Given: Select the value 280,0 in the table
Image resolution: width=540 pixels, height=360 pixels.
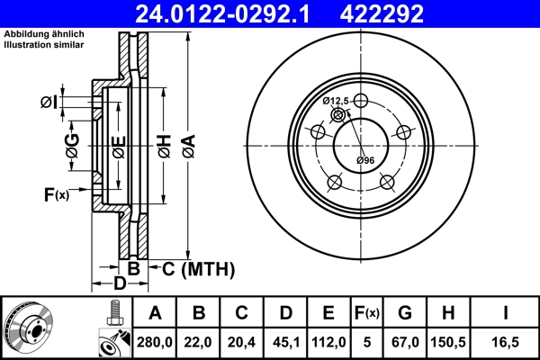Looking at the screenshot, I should click(156, 341).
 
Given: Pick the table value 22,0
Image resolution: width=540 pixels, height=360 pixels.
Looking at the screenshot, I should click(199, 341).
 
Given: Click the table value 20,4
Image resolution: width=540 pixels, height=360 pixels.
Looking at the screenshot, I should click(242, 341).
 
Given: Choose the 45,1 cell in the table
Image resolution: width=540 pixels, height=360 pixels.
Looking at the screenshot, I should click(285, 341).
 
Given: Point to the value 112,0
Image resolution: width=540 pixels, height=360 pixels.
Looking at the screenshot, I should click(328, 341).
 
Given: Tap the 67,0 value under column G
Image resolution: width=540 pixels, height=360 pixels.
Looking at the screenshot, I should click(405, 341).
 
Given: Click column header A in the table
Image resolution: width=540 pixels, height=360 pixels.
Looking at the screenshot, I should click(156, 313).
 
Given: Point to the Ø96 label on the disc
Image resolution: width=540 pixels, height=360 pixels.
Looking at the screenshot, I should click(364, 160).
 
